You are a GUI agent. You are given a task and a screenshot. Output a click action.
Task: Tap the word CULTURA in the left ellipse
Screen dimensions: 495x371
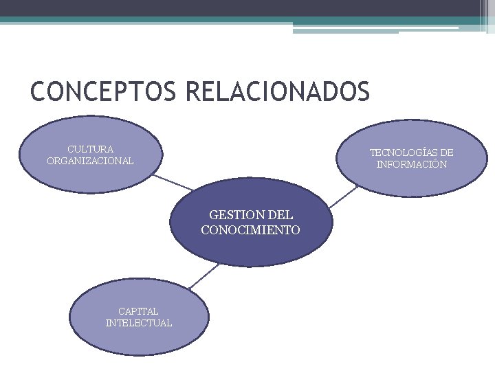(x=90, y=148)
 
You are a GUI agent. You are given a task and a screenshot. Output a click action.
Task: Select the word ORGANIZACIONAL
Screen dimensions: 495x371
(x=90, y=161)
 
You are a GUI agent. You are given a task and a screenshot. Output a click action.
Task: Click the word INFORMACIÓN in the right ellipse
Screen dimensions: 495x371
(x=412, y=165)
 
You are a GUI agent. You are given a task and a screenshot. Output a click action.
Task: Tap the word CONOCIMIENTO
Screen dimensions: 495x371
(x=250, y=230)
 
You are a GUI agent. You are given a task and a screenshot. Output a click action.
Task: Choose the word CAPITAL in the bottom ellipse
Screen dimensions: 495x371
(x=138, y=311)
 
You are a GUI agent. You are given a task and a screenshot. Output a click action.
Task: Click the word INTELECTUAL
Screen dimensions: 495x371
(x=138, y=323)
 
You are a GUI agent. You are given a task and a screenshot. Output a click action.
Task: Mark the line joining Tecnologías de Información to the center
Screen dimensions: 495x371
(x=343, y=196)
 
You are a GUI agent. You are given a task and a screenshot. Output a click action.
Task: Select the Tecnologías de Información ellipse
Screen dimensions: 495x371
(x=412, y=137)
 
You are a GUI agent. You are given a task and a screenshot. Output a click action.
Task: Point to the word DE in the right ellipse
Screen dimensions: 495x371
(x=446, y=153)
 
